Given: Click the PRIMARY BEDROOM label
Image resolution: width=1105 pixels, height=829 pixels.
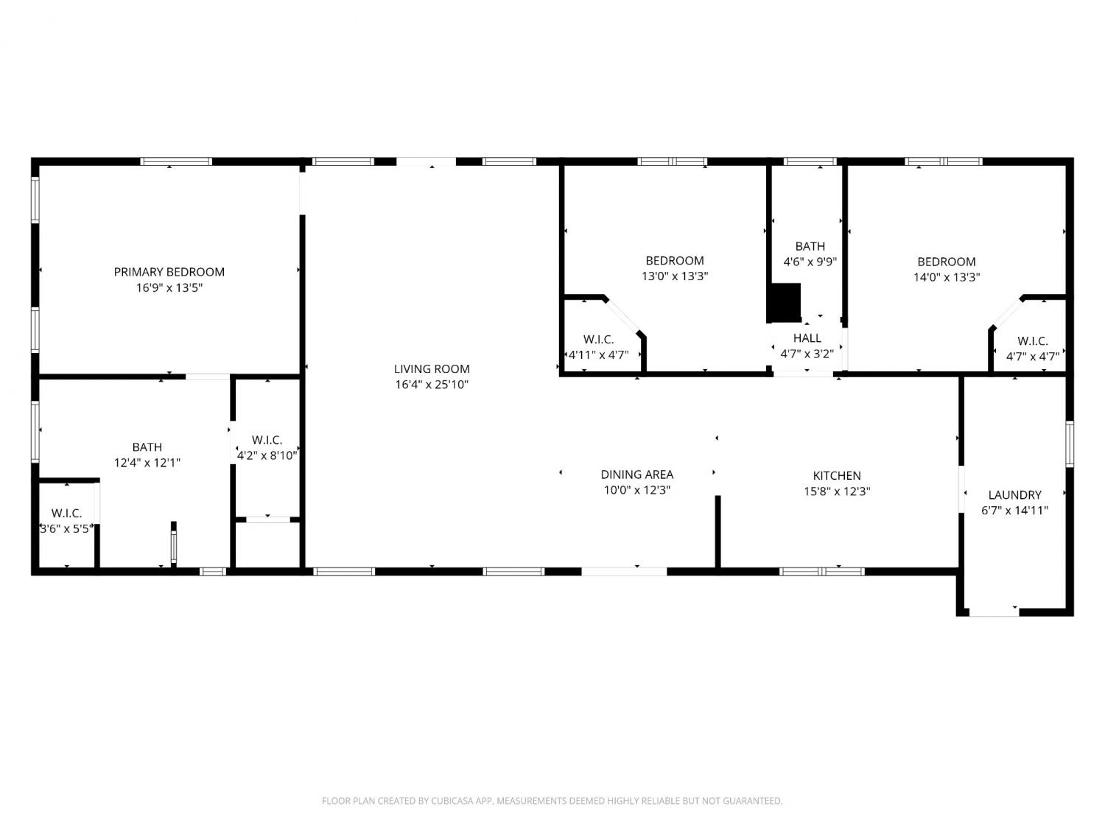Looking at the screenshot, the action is tap(169, 272).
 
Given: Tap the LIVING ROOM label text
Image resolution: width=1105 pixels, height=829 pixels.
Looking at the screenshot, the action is tap(432, 369).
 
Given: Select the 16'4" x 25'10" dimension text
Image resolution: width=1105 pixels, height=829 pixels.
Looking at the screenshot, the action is tap(432, 385).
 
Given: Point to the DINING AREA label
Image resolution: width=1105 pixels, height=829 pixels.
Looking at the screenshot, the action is tap(636, 474).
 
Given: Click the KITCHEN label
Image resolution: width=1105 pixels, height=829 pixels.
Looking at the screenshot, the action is tap(837, 475).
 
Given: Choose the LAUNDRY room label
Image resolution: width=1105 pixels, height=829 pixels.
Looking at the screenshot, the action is tap(1014, 494).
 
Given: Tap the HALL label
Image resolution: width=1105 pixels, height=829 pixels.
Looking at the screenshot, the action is tap(807, 337).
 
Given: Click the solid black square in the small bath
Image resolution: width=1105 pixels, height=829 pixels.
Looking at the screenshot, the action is tap(785, 302).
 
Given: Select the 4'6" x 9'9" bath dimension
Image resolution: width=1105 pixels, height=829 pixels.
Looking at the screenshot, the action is tap(810, 262).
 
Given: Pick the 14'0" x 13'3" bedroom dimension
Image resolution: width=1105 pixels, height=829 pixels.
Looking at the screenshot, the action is tap(947, 277).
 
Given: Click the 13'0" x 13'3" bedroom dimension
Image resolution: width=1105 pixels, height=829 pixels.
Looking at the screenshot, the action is tap(675, 276).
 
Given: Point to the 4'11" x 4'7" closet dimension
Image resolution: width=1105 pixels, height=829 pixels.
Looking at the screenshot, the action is tap(599, 355).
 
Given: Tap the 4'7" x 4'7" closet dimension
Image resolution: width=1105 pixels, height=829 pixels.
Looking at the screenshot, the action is tap(1033, 357).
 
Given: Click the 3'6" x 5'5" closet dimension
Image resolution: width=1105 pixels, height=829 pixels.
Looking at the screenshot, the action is tap(66, 528).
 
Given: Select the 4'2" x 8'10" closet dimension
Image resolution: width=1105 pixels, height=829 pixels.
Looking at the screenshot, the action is tap(267, 455).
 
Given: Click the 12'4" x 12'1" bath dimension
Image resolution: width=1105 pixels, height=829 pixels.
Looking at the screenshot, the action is tap(147, 463).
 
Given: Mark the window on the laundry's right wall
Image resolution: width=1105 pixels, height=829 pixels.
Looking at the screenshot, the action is tap(1069, 444).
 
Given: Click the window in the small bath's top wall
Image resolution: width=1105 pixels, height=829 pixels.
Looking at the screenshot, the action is tap(810, 161).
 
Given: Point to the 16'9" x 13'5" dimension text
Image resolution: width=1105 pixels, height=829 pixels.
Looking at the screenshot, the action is tap(169, 287).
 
